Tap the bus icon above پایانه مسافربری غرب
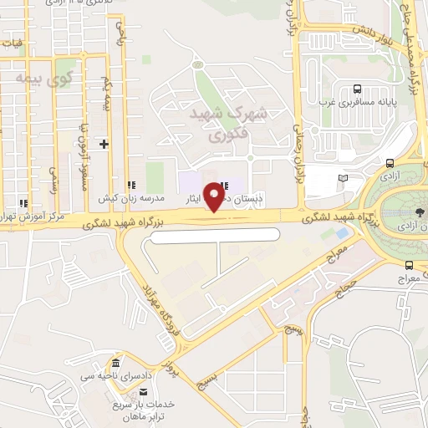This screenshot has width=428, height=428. [x=358, y=89]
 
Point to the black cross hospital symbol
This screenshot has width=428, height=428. [x=104, y=144]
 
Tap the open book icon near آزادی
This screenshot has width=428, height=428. [x=342, y=178]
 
